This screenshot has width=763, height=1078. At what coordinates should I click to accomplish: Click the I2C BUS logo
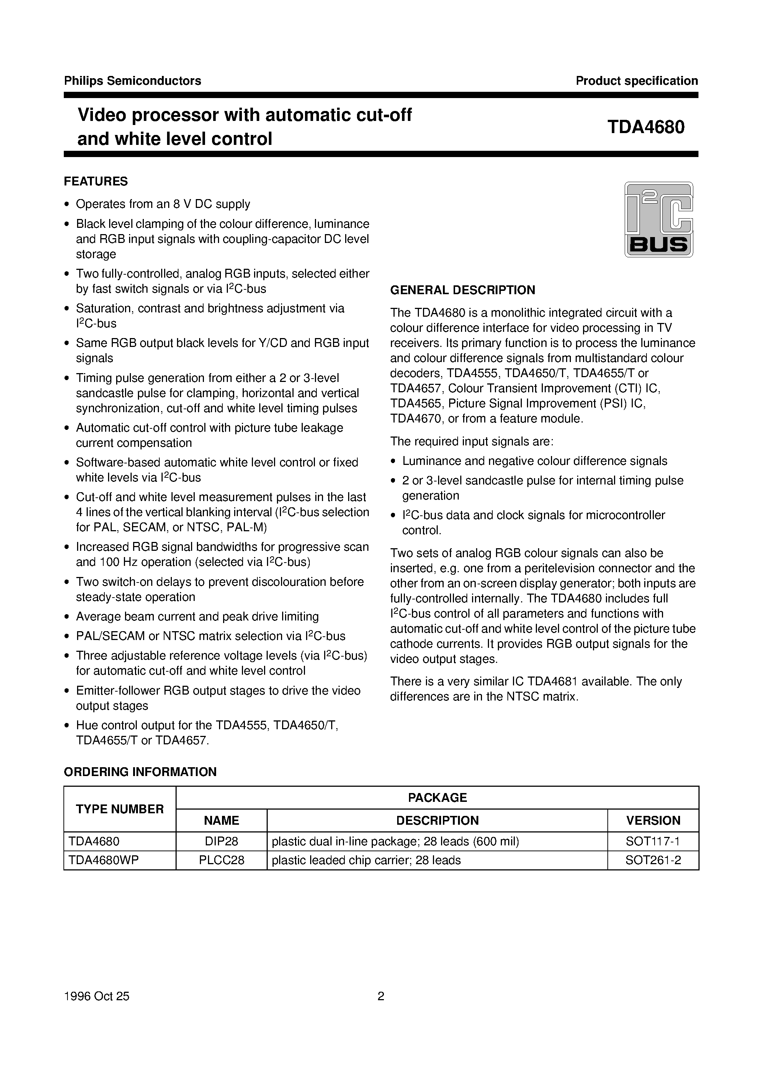(658, 219)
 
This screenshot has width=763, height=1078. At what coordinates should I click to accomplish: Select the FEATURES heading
(96, 181)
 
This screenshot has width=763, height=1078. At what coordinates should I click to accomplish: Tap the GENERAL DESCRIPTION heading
(462, 290)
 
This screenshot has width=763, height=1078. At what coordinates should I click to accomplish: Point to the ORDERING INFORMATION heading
(140, 772)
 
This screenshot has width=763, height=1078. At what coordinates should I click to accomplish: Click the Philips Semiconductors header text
(132, 81)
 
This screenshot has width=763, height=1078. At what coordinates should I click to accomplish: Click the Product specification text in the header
(637, 81)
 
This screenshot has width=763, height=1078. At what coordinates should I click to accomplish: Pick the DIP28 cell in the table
(221, 841)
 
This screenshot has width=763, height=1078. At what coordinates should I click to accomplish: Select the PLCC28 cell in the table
(221, 860)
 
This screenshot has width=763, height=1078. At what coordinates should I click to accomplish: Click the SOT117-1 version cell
(653, 841)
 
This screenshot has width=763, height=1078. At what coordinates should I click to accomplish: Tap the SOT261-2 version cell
(653, 860)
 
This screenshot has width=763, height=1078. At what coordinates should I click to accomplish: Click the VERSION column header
(653, 820)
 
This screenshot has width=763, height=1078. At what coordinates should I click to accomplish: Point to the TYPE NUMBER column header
(120, 809)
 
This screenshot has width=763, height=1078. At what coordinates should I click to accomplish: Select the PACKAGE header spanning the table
(437, 797)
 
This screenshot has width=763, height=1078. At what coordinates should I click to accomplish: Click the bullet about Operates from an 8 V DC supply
(163, 204)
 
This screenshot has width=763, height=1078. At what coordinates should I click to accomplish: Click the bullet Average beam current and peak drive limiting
(197, 616)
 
